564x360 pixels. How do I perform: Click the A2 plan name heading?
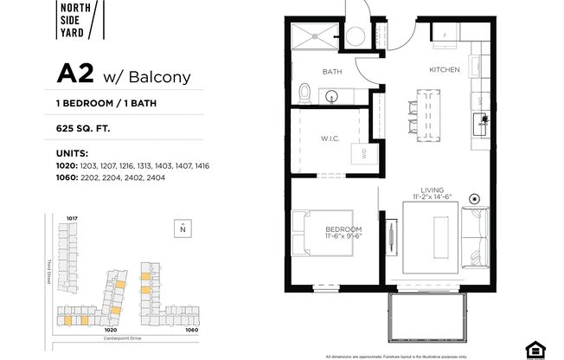click(76, 74)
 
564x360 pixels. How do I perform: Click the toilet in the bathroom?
click(304, 92)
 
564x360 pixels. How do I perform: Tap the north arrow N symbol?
click(183, 228)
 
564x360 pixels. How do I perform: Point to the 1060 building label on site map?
click(191, 330)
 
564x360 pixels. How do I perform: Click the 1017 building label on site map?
click(73, 217)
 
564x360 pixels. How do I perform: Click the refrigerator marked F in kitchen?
click(445, 35)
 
